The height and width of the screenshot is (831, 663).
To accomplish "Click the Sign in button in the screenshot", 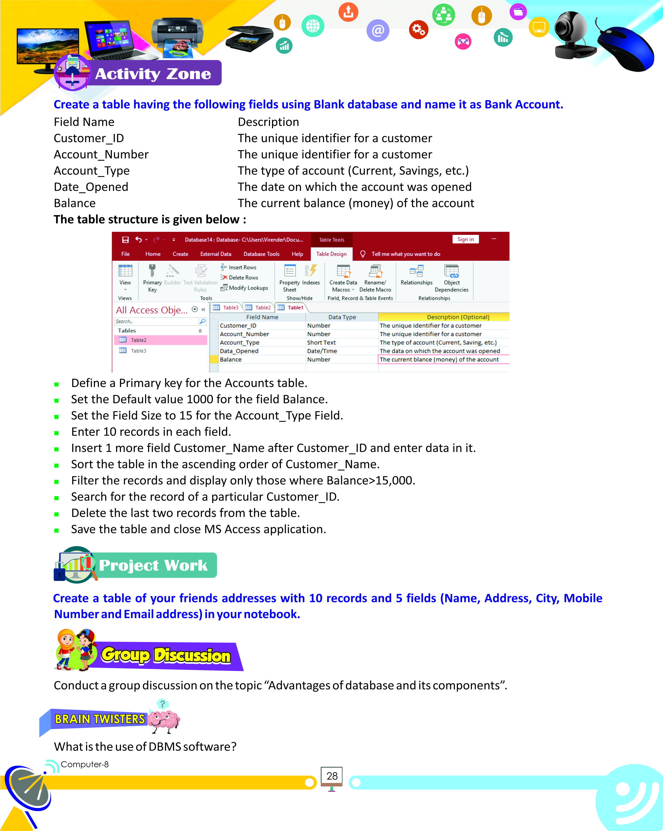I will pyautogui.click(x=465, y=239).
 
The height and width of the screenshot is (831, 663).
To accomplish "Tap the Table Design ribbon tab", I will pyautogui.click(x=331, y=254).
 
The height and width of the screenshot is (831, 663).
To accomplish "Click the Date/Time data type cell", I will pyautogui.click(x=322, y=351).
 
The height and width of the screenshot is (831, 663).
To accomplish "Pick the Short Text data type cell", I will pyautogui.click(x=321, y=343).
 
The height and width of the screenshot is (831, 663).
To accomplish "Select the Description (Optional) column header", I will pyautogui.click(x=458, y=317).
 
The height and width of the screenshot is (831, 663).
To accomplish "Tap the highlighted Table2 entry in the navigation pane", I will pyautogui.click(x=138, y=340).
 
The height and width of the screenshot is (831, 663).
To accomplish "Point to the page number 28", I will pyautogui.click(x=332, y=776).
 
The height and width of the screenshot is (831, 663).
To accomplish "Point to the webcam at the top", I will pyautogui.click(x=572, y=35).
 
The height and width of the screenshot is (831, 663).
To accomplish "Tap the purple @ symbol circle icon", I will pyautogui.click(x=378, y=30).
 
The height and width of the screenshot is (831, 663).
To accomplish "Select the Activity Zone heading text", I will pyautogui.click(x=153, y=74).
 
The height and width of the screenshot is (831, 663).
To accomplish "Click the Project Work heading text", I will pyautogui.click(x=153, y=565).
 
